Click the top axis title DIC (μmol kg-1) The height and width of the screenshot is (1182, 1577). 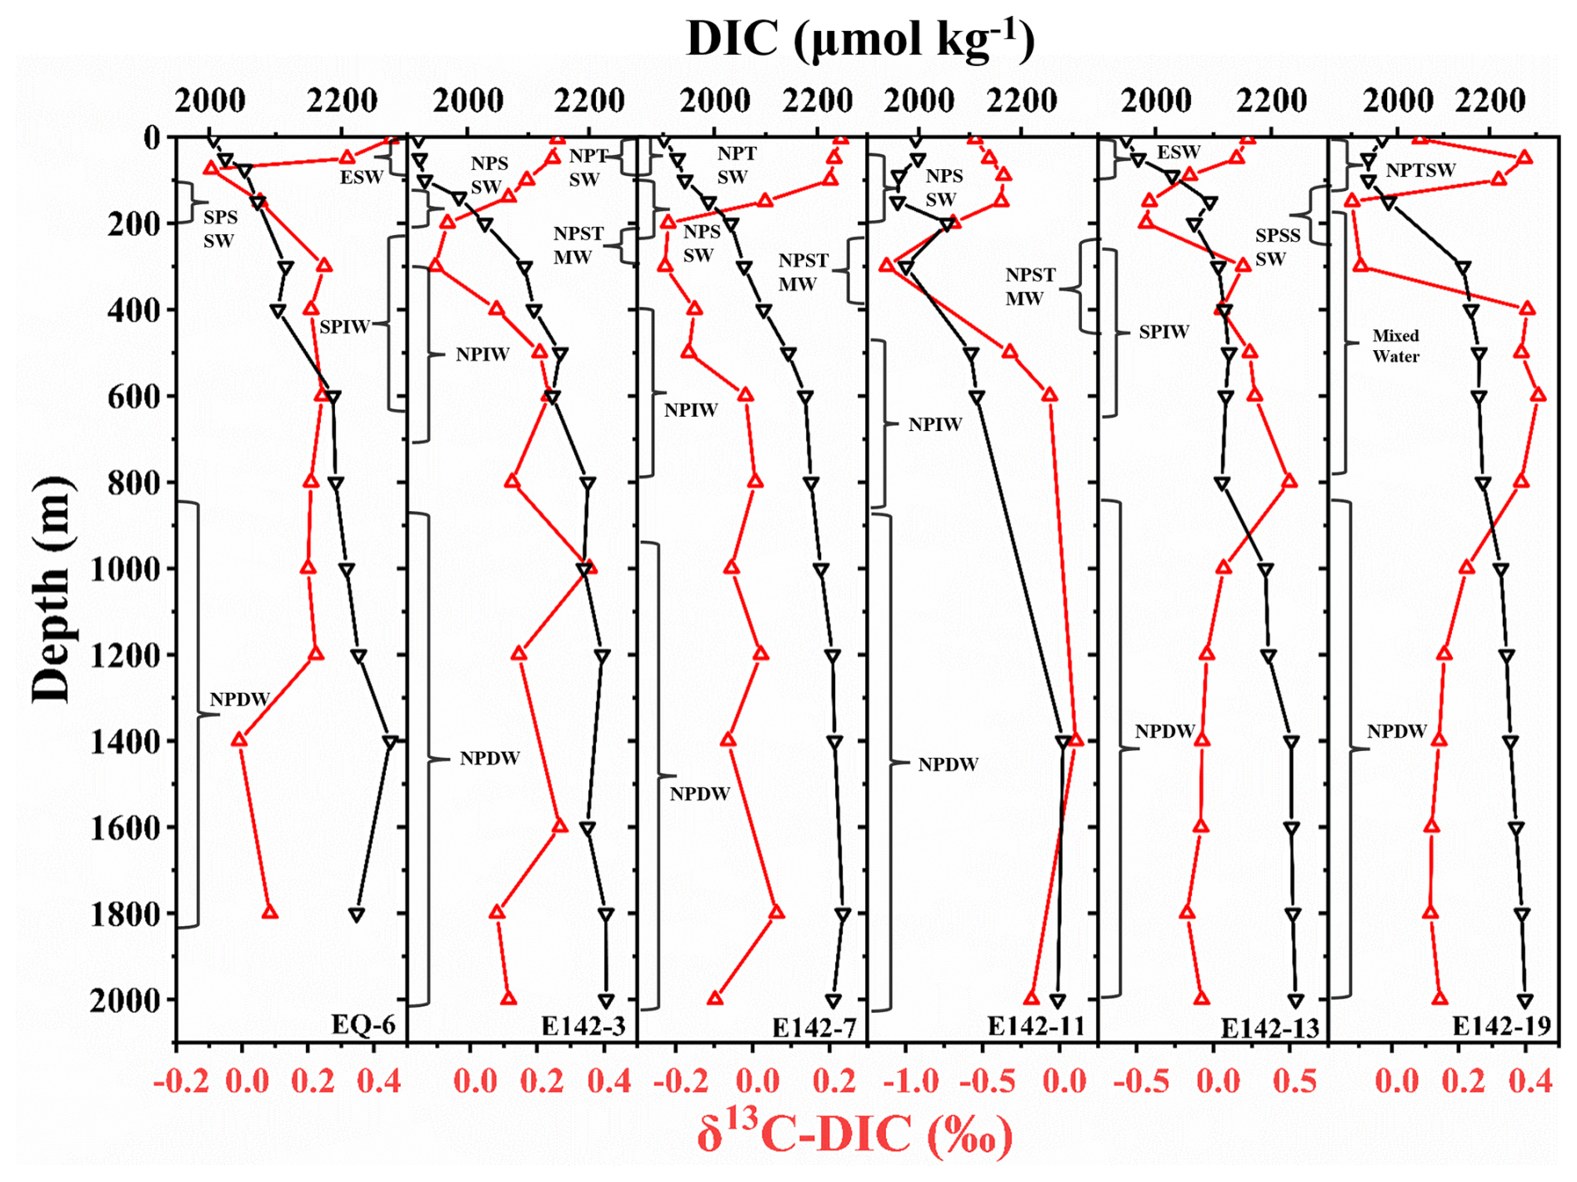click(859, 38)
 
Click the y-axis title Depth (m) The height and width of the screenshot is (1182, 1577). click(52, 589)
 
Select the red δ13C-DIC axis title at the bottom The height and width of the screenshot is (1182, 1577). click(854, 1134)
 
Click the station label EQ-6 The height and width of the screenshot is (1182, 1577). click(363, 1024)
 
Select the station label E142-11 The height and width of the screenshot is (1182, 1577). click(1036, 1026)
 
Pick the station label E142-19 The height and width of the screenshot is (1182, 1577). click(1501, 1026)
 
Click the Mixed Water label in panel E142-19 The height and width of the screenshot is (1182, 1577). click(1395, 346)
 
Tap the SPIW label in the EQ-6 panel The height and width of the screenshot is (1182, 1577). click(344, 327)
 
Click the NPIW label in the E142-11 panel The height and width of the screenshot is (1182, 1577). click(935, 425)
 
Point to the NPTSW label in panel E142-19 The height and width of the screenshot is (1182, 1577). click(1420, 171)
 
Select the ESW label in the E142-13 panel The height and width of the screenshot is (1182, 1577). click(1178, 153)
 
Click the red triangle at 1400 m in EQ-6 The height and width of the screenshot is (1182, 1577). click(239, 739)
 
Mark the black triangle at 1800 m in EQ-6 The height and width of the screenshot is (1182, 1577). click(357, 914)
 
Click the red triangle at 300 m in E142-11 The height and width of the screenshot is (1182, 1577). click(887, 265)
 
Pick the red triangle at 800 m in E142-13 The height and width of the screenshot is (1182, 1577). click(1289, 481)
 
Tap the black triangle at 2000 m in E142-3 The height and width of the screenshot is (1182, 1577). click(606, 1000)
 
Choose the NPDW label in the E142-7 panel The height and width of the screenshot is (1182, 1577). click(700, 794)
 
